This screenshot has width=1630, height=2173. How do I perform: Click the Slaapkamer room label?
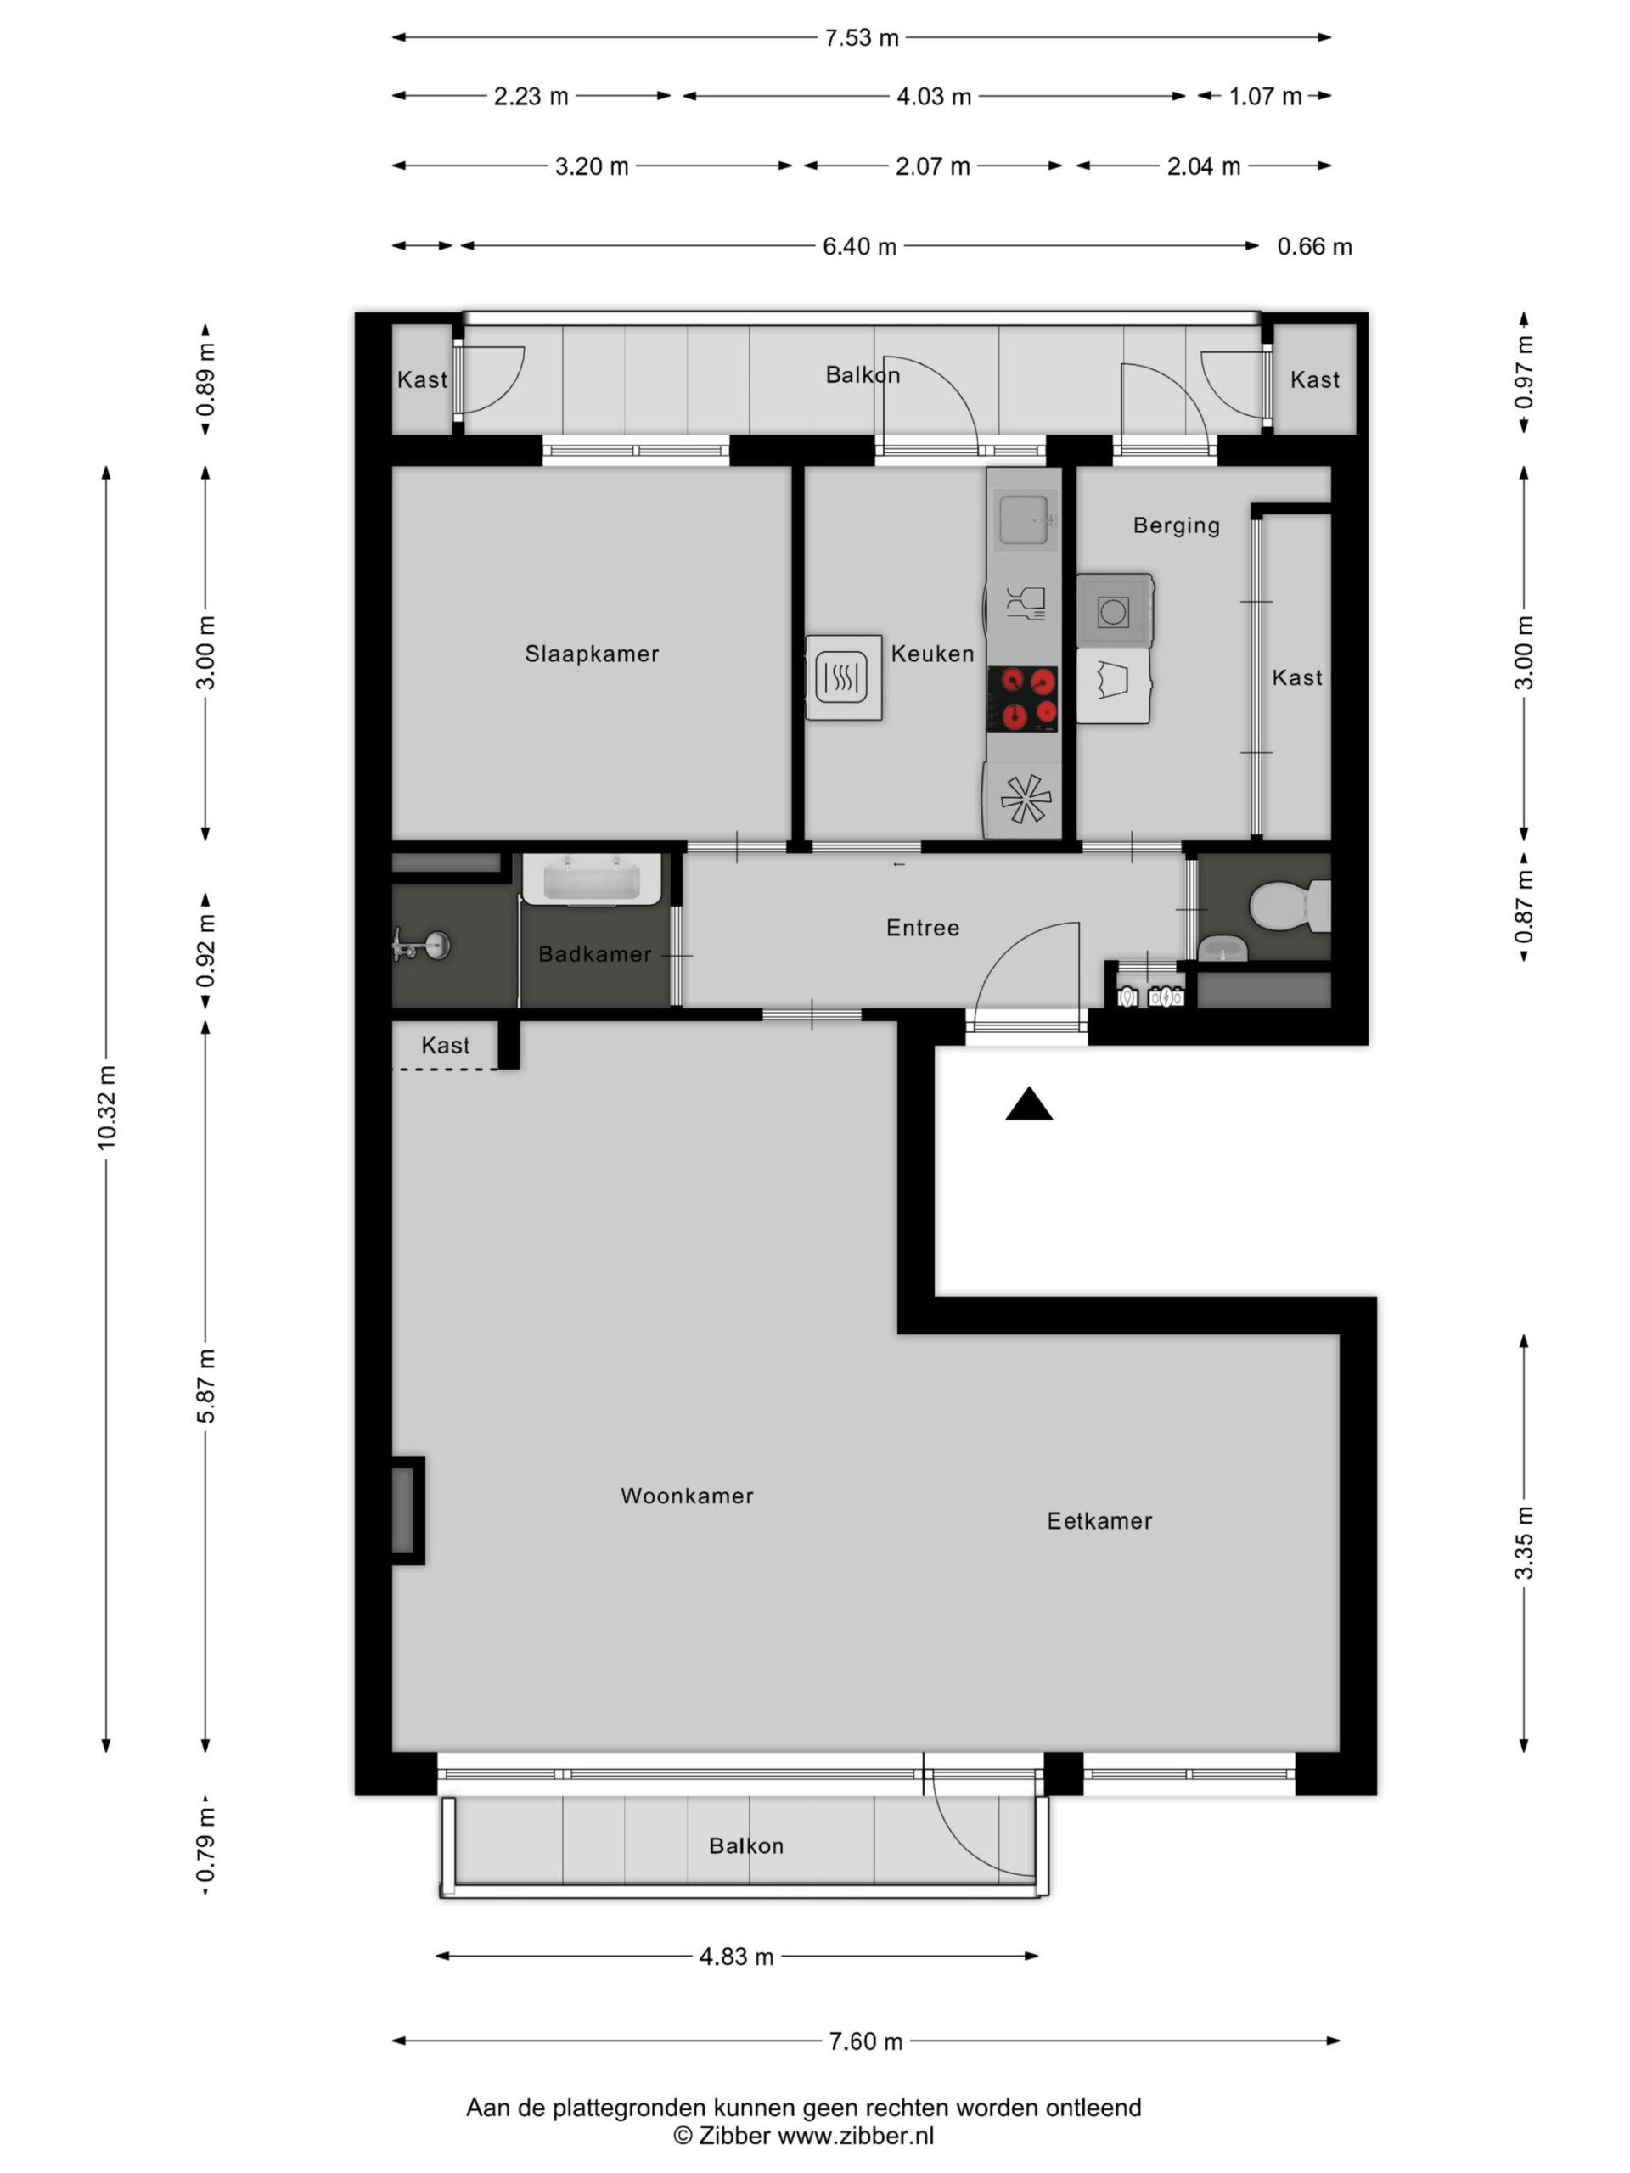(x=592, y=654)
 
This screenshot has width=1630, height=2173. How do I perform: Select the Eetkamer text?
(x=1099, y=1521)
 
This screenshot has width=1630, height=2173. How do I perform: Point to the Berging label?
(x=1176, y=525)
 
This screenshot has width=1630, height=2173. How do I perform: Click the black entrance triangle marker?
(x=1029, y=1104)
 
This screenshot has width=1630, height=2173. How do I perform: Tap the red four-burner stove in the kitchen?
(x=1023, y=699)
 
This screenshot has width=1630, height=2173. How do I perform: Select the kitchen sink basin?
(x=1023, y=520)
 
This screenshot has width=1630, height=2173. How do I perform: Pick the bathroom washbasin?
(x=591, y=879)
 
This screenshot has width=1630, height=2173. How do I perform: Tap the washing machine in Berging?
(x=1113, y=611)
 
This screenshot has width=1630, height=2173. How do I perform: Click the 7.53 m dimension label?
(x=861, y=38)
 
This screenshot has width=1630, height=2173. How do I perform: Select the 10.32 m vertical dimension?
(x=107, y=1107)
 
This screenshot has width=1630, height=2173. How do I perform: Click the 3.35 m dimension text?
(x=1523, y=1542)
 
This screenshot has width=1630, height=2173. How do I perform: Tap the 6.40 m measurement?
(x=860, y=245)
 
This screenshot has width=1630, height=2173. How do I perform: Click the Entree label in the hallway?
(x=923, y=928)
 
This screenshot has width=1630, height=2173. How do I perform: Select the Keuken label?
(x=932, y=654)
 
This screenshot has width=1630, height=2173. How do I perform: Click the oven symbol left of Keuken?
(x=843, y=678)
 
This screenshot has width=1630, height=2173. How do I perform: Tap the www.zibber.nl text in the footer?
(x=856, y=2136)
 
